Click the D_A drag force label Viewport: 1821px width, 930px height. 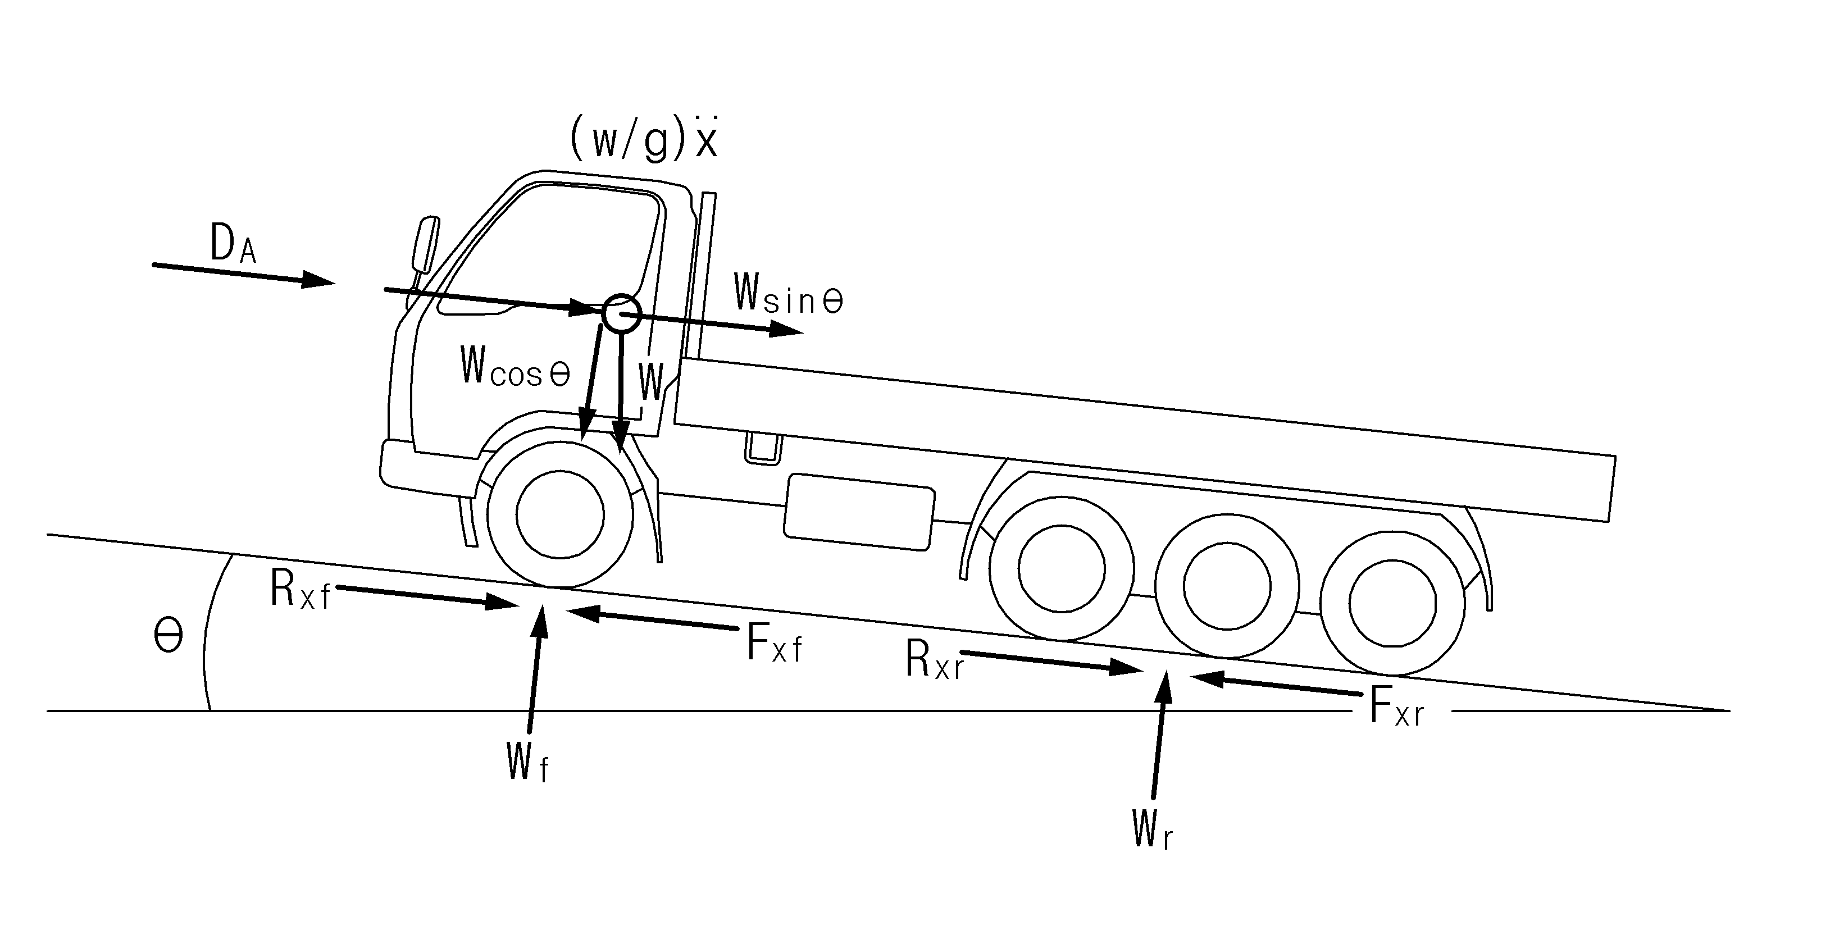[x=233, y=244]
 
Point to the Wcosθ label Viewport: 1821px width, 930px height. [x=515, y=366]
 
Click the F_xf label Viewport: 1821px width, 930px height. [x=775, y=642]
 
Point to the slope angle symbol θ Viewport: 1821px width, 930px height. [x=169, y=636]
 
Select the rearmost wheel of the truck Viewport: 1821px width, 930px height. [x=1392, y=603]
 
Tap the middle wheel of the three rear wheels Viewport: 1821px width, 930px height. [x=1227, y=586]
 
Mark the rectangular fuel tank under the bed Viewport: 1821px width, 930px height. [x=859, y=512]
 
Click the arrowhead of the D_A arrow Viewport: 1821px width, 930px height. [x=318, y=280]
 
